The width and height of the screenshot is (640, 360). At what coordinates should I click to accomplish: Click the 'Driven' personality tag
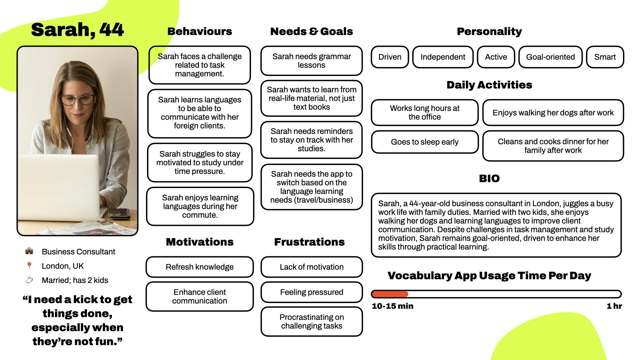pos(390,57)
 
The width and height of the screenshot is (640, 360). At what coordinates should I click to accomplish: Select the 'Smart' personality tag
pos(605,57)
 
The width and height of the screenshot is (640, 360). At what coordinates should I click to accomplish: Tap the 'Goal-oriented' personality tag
pos(550,57)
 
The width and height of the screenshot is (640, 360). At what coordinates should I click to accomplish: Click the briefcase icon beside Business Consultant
pos(29,251)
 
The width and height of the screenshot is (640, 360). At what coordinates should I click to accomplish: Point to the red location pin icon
pos(29,265)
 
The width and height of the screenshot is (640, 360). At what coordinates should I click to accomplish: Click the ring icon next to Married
pos(29,280)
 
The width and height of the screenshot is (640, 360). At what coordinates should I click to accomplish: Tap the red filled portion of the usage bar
pos(390,294)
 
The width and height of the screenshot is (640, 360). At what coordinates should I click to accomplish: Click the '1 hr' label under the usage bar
pos(614,306)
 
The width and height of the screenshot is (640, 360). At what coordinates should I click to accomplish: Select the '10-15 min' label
pos(392,306)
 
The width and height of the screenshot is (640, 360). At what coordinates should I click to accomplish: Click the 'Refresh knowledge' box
pos(200,267)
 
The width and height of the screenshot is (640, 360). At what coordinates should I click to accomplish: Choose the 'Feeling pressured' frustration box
pos(311,292)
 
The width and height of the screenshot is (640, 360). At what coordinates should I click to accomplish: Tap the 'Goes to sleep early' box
pos(425,142)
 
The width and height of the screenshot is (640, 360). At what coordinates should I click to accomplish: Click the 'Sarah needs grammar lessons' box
pos(311,61)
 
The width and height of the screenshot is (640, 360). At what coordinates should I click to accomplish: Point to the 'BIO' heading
pos(489,178)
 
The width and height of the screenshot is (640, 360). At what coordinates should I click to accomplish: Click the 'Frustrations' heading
pos(309,242)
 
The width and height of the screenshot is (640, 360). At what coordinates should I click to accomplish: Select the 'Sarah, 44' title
pos(77,30)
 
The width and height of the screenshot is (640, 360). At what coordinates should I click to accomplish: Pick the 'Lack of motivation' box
pos(311,267)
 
